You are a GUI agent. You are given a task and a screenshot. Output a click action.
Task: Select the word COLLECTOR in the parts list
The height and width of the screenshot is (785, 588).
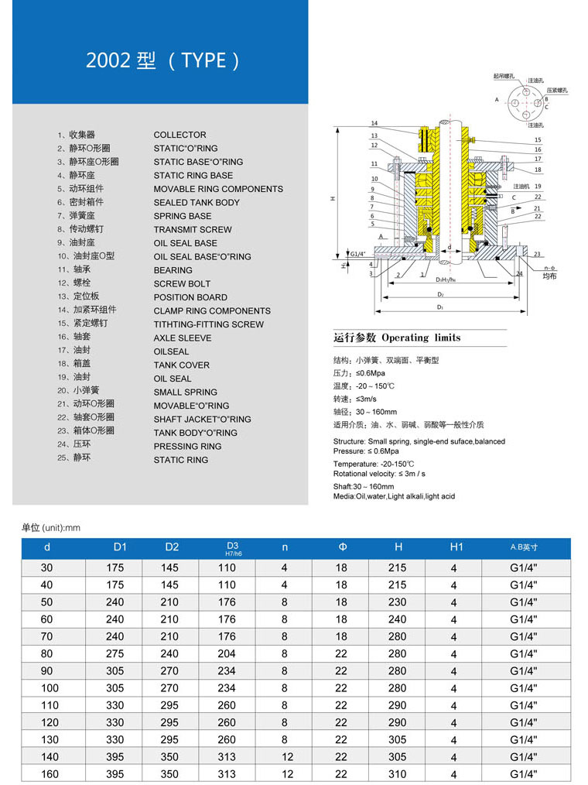click(x=179, y=135)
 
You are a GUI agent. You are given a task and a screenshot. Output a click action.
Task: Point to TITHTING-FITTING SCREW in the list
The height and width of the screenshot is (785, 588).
click(x=208, y=324)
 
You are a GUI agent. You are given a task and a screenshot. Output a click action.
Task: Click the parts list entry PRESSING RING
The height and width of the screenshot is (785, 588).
click(x=187, y=446)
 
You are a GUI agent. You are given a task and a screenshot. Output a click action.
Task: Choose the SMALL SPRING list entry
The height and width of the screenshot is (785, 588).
click(x=185, y=392)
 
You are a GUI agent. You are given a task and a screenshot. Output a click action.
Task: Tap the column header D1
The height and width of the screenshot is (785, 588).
click(x=120, y=547)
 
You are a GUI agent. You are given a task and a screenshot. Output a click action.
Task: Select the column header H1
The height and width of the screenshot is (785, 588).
click(x=456, y=547)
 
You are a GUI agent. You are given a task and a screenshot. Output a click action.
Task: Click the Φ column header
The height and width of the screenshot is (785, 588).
click(x=342, y=547)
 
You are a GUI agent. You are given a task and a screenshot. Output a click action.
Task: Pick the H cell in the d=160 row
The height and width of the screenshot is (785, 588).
click(x=398, y=774)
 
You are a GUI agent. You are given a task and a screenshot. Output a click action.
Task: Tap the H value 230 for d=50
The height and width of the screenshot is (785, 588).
click(x=398, y=602)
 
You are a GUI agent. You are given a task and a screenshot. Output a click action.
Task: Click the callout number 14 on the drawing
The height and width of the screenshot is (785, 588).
click(x=374, y=123)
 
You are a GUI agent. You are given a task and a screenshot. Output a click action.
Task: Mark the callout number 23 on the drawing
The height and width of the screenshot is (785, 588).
click(x=537, y=254)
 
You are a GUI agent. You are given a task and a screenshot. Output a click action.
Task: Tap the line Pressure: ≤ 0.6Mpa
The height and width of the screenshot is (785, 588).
click(x=366, y=451)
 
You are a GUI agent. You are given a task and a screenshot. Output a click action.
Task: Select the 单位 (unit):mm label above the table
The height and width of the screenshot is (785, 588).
click(x=51, y=528)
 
